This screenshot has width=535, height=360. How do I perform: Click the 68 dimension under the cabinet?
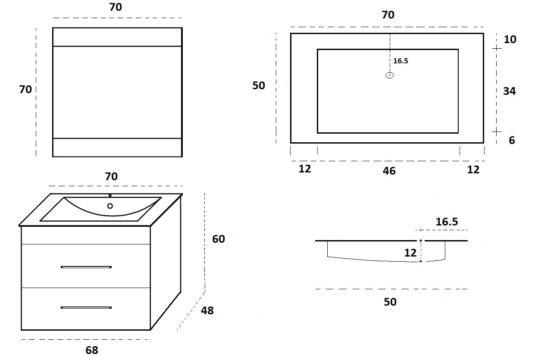[x=92, y=350]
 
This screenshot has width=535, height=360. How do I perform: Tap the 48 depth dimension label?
[x=207, y=310]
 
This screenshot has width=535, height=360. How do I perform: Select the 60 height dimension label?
[x=219, y=239]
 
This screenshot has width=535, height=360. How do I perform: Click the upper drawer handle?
[x=86, y=267]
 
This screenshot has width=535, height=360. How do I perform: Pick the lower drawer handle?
[x=86, y=308]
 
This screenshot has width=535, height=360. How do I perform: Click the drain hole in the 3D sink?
[x=110, y=206]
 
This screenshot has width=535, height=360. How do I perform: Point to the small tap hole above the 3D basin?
[x=110, y=196]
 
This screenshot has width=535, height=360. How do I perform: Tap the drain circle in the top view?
[x=390, y=75]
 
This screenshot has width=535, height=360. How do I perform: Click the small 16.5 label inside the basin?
[x=400, y=61]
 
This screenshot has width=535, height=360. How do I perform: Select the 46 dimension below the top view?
[x=389, y=171]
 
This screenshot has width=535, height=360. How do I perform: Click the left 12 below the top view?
[x=305, y=169]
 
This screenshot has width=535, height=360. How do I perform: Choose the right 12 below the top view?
[x=473, y=169]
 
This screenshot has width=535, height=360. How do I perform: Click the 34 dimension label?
[x=510, y=91]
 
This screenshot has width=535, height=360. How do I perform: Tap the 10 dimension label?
[x=510, y=39]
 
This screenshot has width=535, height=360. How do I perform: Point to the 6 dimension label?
[x=512, y=140]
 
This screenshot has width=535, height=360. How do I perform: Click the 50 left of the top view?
[x=259, y=85]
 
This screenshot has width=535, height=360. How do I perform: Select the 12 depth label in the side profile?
[x=410, y=253]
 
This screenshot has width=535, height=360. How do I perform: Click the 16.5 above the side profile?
[x=447, y=222]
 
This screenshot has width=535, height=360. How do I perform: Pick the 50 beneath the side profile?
[x=390, y=302]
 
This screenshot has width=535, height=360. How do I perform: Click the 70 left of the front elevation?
[x=25, y=89]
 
